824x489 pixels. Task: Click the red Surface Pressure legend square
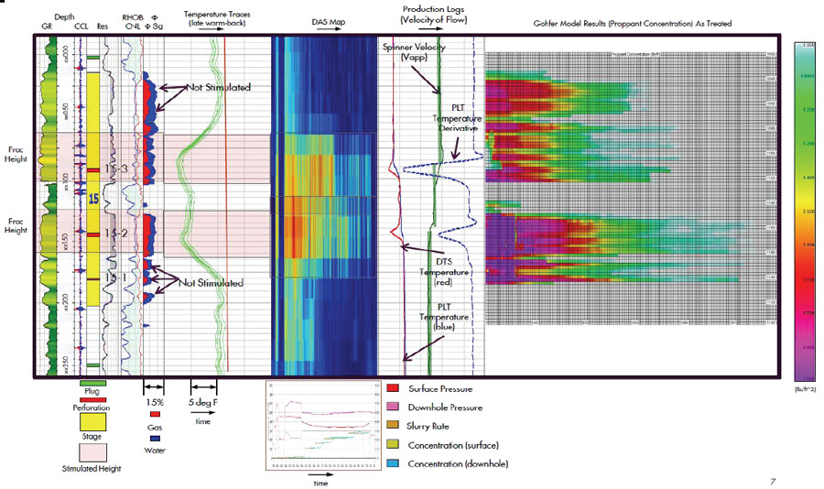coord(393,389)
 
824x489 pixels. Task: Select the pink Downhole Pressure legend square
coord(393,408)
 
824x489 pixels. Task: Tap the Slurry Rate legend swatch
coord(393,427)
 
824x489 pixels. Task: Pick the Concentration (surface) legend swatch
coord(393,445)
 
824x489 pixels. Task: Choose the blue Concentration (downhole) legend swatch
coord(393,463)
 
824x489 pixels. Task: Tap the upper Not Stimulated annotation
coord(219,87)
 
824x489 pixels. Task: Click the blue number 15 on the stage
coord(92,198)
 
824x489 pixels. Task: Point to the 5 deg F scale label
coord(204,402)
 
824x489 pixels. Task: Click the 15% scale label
coord(155,402)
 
